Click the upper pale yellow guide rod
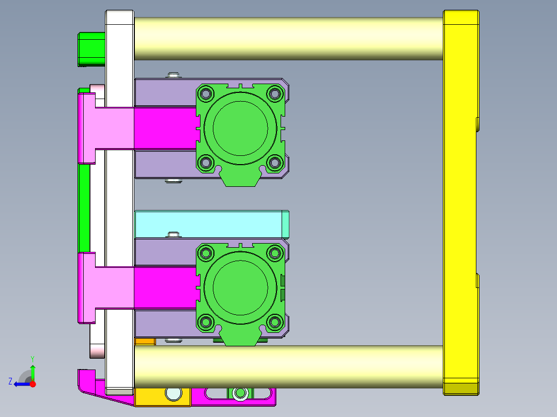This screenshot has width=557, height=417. (288, 38)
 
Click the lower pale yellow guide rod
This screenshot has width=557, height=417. (288, 366)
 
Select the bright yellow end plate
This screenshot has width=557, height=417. (461, 203)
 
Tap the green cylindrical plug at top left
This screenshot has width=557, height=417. (91, 50)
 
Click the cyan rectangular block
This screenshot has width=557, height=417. (212, 224)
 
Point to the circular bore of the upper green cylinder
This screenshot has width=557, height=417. (240, 128)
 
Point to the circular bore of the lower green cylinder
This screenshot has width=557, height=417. (240, 287)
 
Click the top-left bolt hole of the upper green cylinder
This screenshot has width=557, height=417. (206, 94)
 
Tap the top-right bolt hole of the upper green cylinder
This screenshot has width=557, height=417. (274, 94)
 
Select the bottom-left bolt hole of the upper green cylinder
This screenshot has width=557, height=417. (206, 163)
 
